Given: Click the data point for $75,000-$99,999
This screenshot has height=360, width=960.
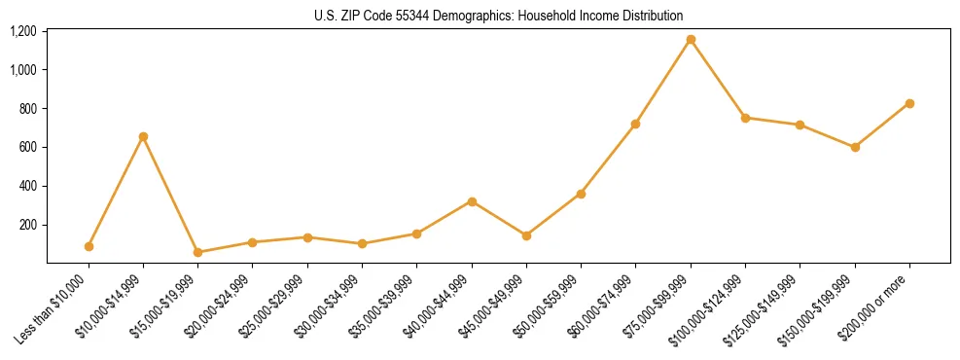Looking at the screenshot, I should pyautogui.click(x=691, y=40).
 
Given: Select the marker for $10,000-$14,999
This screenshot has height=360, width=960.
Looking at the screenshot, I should pyautogui.click(x=143, y=137).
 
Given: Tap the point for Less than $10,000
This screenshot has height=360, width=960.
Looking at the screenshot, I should pyautogui.click(x=89, y=246).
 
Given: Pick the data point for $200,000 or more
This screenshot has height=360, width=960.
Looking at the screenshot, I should pyautogui.click(x=909, y=103).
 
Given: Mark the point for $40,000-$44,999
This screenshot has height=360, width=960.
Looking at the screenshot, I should pyautogui.click(x=472, y=201).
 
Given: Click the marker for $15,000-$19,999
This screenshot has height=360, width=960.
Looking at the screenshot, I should pyautogui.click(x=197, y=252).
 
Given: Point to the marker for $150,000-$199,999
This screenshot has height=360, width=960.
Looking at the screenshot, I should pyautogui.click(x=855, y=147).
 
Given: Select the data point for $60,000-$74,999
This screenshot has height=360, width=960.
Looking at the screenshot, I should pyautogui.click(x=635, y=124).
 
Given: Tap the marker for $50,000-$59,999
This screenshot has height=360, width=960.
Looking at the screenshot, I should pyautogui.click(x=581, y=194).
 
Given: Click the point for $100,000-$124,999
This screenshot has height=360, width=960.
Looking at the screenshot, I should pyautogui.click(x=745, y=118).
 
